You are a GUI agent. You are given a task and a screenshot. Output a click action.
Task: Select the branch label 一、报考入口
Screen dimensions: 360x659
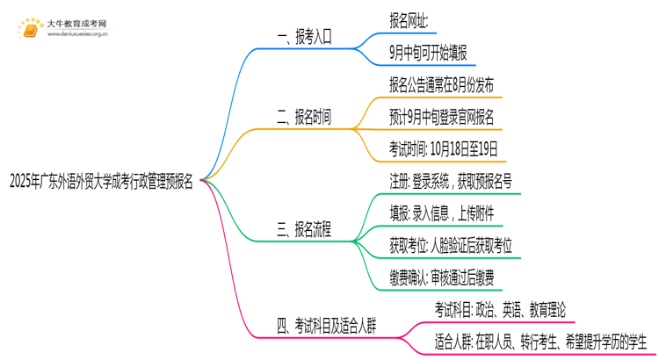[x=304, y=37]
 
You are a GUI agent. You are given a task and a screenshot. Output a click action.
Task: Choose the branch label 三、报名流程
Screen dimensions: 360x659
[x=304, y=230]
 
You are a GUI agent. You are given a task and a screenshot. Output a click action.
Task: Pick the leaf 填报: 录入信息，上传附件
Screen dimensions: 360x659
[x=445, y=213]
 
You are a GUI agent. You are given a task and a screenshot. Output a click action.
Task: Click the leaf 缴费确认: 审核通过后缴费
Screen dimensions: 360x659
[x=441, y=278]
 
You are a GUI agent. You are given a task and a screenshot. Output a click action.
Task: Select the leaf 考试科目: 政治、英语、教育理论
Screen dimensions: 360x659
[x=500, y=310]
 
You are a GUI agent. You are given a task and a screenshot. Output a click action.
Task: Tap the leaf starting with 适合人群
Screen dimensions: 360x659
[x=540, y=342]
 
